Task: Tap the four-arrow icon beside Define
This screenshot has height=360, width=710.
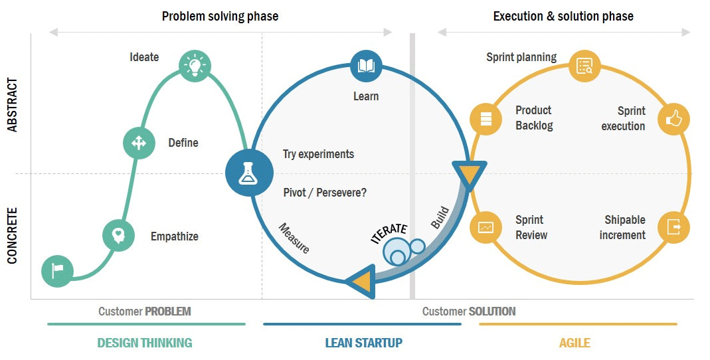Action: (x=139, y=143)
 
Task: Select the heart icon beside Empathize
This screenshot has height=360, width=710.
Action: (x=118, y=235)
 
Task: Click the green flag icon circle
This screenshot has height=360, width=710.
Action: (x=57, y=271)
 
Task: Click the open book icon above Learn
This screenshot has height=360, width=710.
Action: (x=366, y=66)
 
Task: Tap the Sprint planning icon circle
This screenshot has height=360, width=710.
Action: (x=584, y=66)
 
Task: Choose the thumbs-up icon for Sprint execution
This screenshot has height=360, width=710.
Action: (x=674, y=120)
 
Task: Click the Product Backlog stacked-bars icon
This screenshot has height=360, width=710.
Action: (x=486, y=120)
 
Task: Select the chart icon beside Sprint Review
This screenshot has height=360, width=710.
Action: (x=486, y=227)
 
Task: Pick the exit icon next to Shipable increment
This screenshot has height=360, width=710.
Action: (x=674, y=227)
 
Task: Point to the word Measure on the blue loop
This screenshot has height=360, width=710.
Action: (x=294, y=238)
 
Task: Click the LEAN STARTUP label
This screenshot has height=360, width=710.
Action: (x=363, y=343)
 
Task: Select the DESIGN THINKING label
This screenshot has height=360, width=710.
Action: (x=144, y=343)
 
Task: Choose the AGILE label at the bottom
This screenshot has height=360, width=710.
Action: (x=575, y=343)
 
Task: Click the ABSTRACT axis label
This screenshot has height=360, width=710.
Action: (x=13, y=105)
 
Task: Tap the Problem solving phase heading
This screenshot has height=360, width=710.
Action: (x=220, y=16)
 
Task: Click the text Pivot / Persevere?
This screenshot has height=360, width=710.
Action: (x=324, y=193)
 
